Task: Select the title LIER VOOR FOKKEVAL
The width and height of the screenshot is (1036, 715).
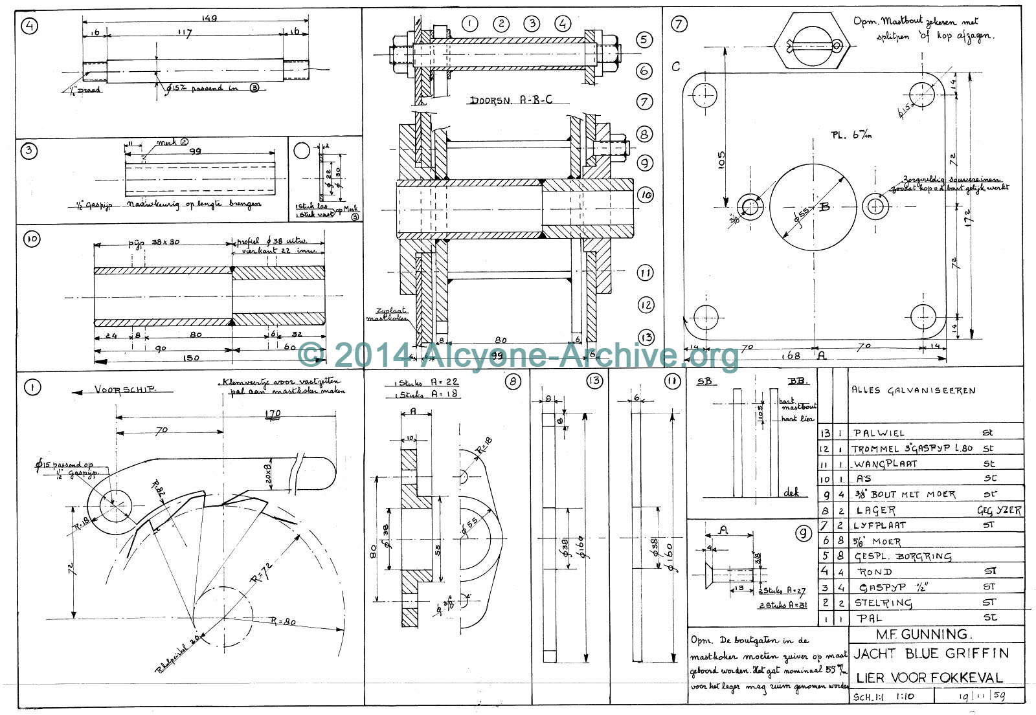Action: click(x=929, y=677)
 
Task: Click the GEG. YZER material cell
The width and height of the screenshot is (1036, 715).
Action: click(x=999, y=511)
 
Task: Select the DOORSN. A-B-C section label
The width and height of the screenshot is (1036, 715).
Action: click(x=511, y=100)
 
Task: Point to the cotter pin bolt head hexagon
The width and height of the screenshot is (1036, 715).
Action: click(x=812, y=43)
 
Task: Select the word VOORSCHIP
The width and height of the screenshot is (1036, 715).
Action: click(x=126, y=390)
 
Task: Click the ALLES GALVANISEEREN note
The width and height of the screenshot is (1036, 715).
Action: click(x=913, y=390)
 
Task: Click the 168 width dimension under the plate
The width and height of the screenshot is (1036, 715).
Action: click(x=791, y=355)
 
